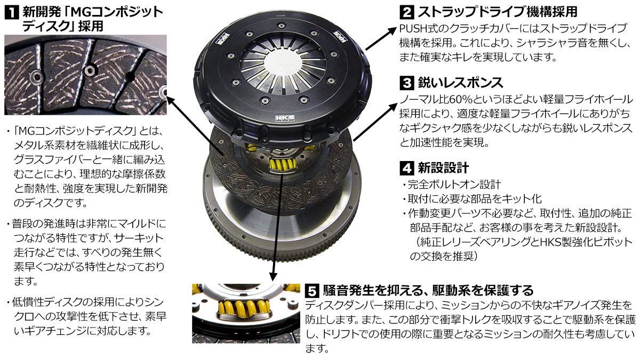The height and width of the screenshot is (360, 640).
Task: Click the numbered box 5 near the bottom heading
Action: [x=312, y=291]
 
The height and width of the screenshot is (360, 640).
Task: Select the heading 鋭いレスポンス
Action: [x=459, y=83]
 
